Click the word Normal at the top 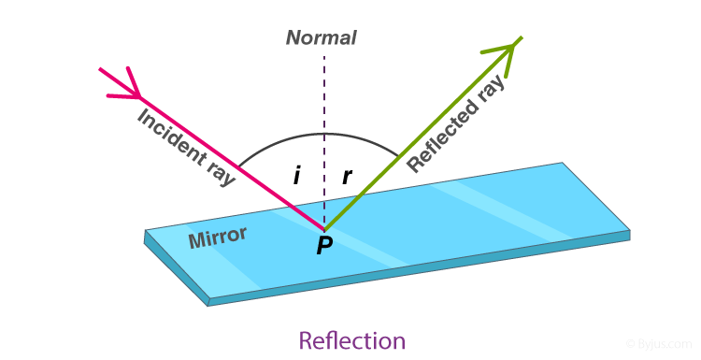pyautogui.click(x=321, y=38)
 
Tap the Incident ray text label pyautogui.click(x=186, y=147)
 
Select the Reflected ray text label pyautogui.click(x=456, y=123)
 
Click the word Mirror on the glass pyautogui.click(x=217, y=238)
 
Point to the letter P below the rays pyautogui.click(x=324, y=246)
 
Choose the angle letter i pyautogui.click(x=296, y=176)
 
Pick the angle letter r pyautogui.click(x=347, y=176)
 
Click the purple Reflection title pyautogui.click(x=351, y=340)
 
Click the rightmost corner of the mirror pyautogui.click(x=629, y=231)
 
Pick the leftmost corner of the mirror pyautogui.click(x=145, y=232)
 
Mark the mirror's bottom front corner pyautogui.click(x=208, y=302)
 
